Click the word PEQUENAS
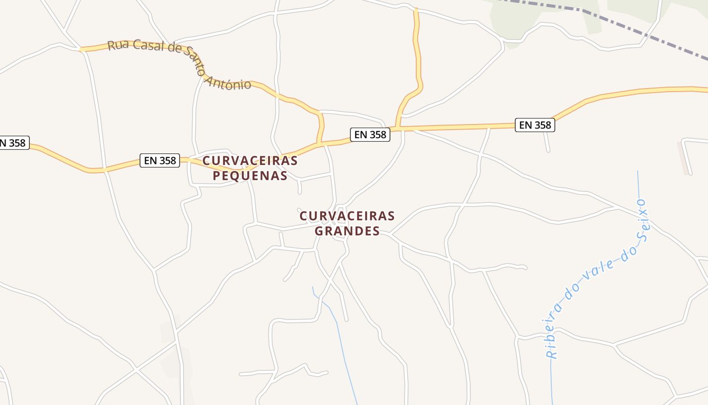(x=250, y=176)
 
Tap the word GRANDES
(x=347, y=231)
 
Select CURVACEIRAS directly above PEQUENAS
(x=250, y=161)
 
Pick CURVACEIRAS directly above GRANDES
(x=347, y=216)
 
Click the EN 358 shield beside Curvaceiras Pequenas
(x=160, y=160)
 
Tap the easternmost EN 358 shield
(x=535, y=125)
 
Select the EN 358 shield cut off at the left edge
(x=13, y=143)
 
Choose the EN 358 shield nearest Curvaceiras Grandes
(x=370, y=134)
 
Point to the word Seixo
(x=642, y=221)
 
